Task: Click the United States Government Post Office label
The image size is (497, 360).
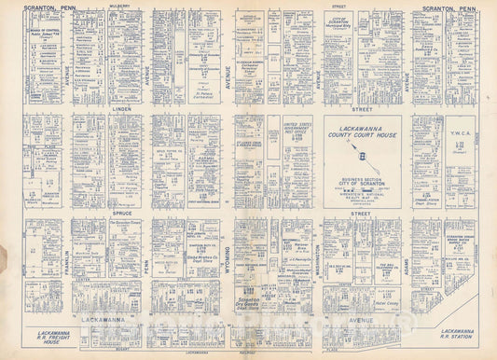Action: (298, 130)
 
